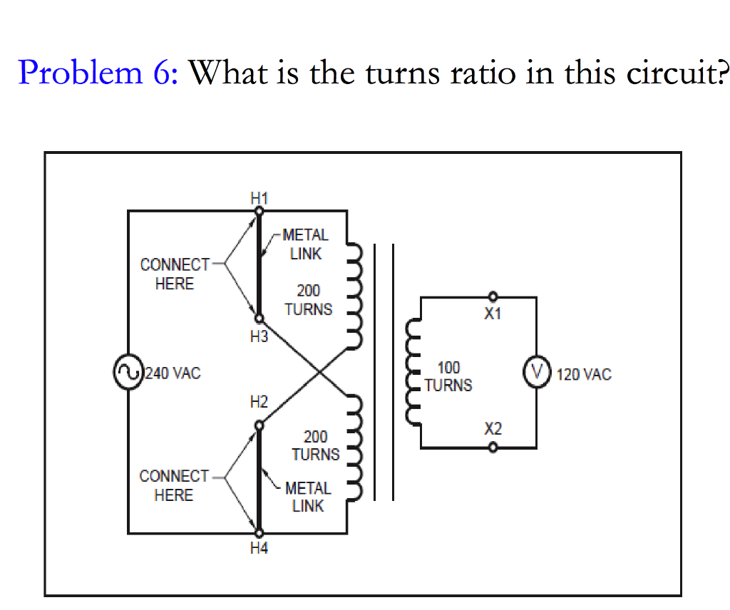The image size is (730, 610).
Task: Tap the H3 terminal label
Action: [258, 336]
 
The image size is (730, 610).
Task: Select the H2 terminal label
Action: [258, 403]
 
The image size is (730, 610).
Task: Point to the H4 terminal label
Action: [259, 548]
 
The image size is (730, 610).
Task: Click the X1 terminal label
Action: [493, 314]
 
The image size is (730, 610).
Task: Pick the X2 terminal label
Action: [493, 429]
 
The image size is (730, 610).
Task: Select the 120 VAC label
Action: [584, 374]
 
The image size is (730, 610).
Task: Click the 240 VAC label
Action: [173, 373]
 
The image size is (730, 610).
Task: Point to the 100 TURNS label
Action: [448, 376]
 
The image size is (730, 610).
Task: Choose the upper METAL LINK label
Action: [306, 244]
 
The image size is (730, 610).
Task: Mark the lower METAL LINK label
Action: [308, 497]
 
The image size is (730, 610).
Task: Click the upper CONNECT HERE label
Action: [175, 274]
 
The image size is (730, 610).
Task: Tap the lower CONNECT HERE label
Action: [174, 485]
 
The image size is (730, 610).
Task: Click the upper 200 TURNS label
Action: [308, 300]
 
